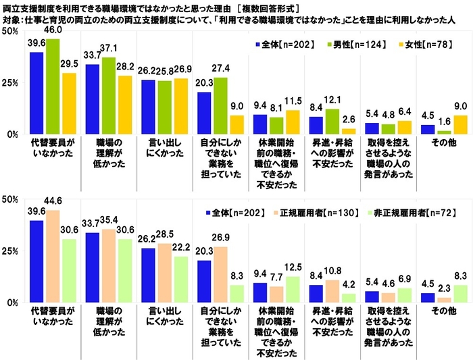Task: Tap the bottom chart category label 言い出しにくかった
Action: point(159,317)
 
